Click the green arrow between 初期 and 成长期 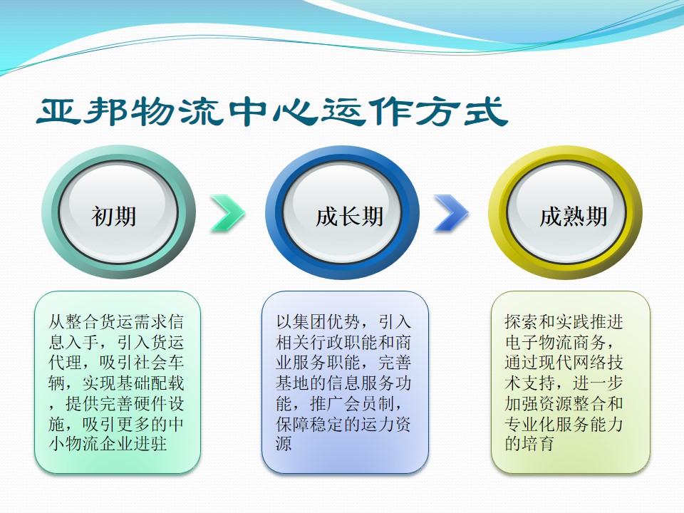pos(227,212)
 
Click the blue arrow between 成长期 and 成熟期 pos(452,212)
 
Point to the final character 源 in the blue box pos(284,445)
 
